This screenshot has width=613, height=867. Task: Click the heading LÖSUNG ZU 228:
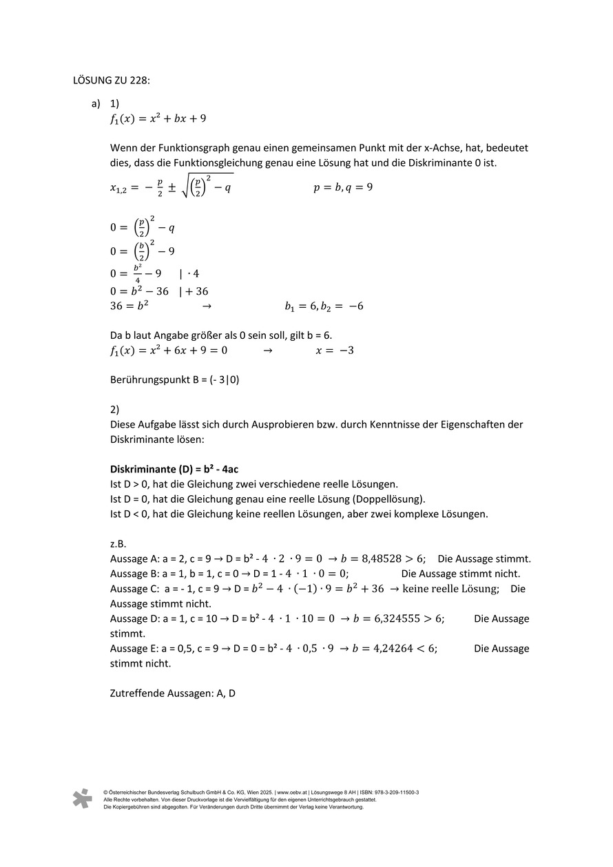[x=111, y=80]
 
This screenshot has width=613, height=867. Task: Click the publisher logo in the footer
[x=82, y=799]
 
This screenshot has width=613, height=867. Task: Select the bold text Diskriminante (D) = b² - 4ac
[x=174, y=469]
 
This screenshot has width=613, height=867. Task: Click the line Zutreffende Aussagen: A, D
[x=172, y=693]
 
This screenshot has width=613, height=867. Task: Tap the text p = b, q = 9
[x=343, y=187]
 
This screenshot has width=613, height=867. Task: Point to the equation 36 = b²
[x=129, y=306]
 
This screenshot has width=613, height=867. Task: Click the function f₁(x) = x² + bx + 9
[x=158, y=118]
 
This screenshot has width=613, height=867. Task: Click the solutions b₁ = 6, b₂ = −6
[x=324, y=306]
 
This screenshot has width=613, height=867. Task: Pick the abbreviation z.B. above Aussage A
[x=118, y=543]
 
